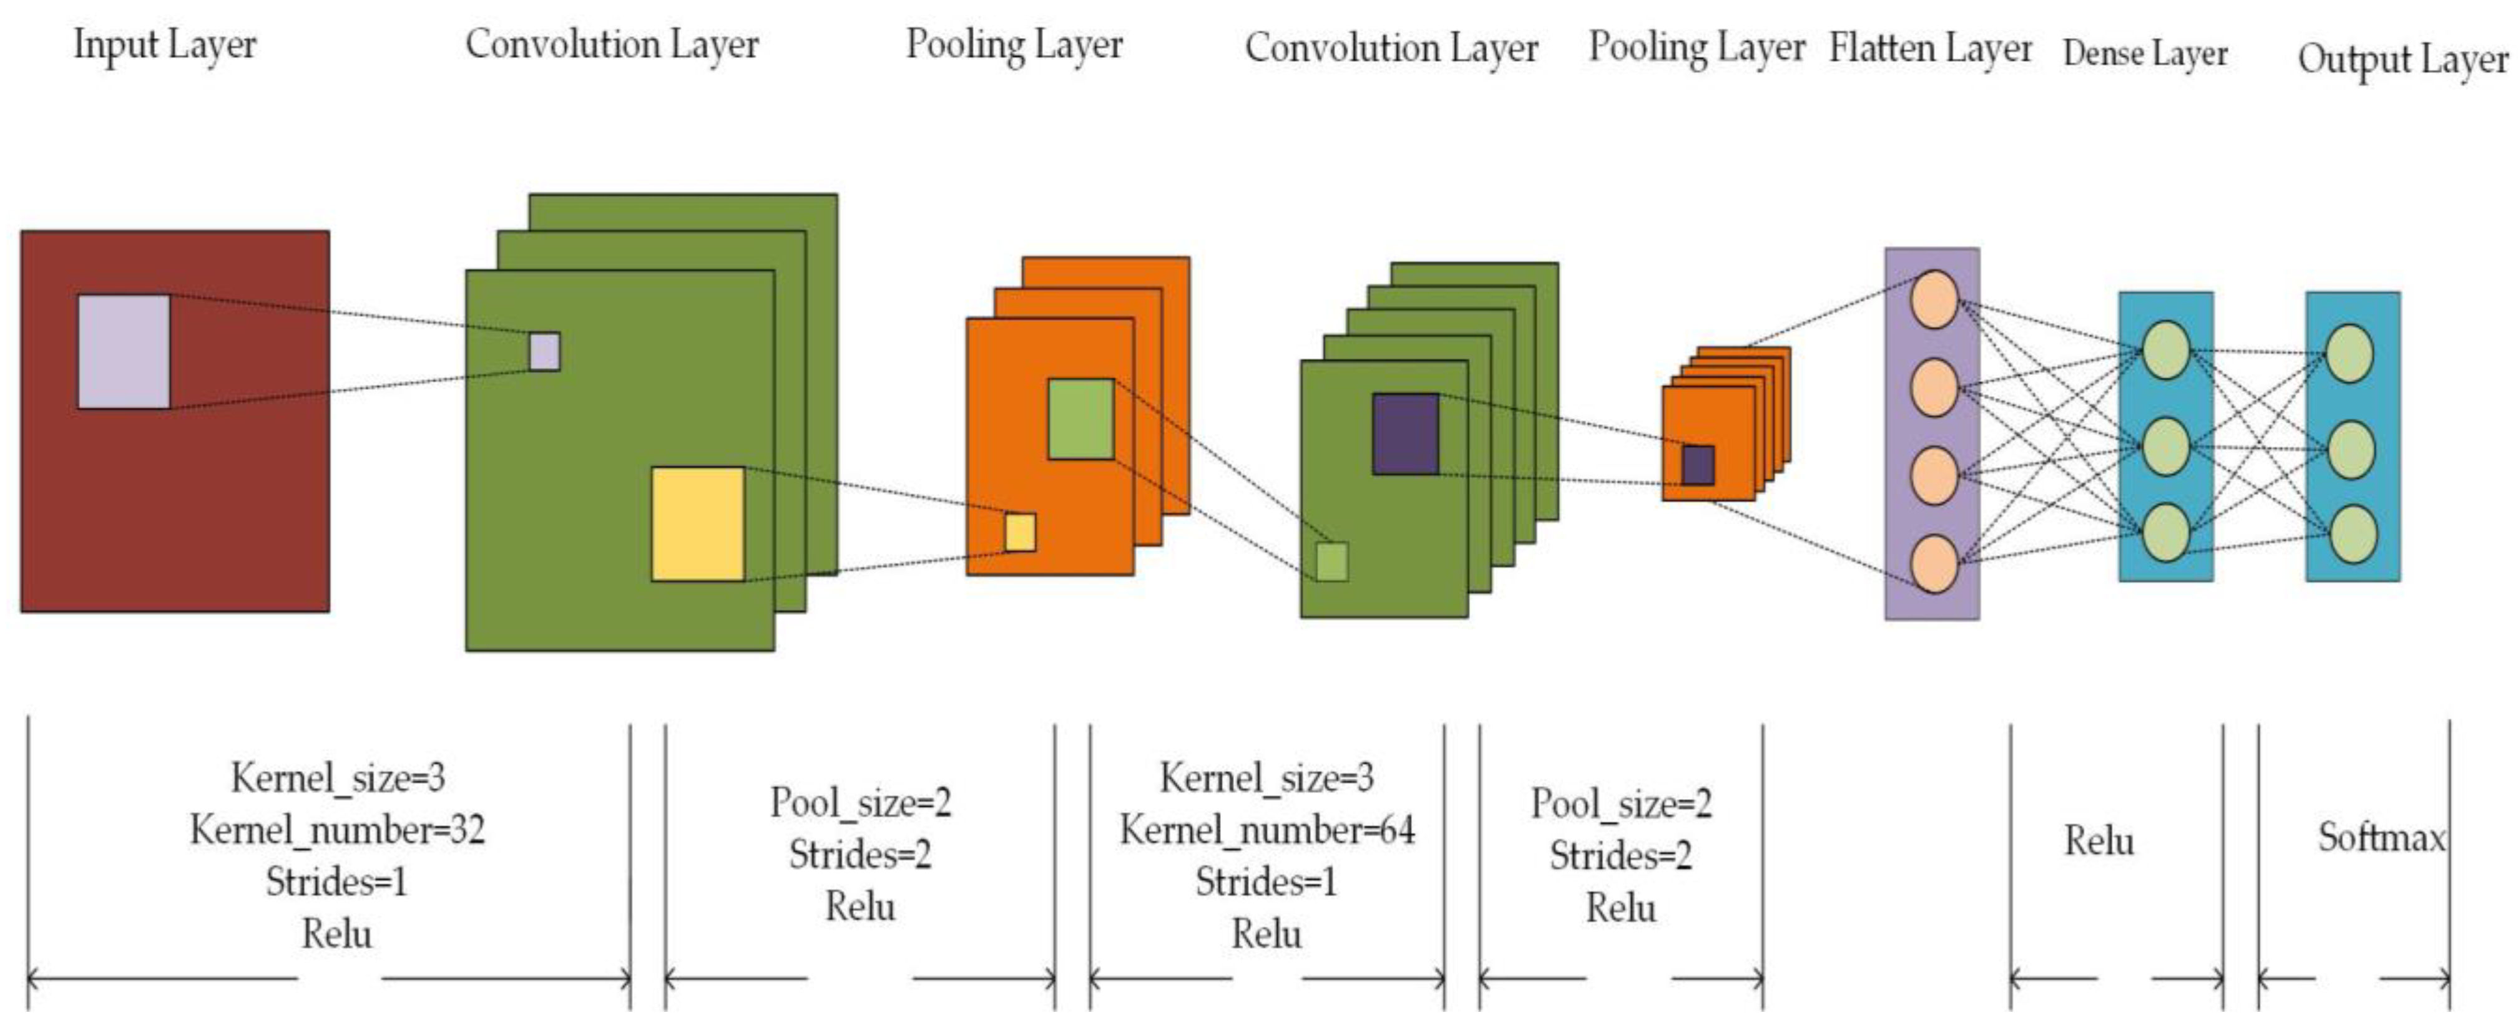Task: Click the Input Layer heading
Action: point(164,45)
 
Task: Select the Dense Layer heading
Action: point(2145,53)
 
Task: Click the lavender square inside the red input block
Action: point(124,352)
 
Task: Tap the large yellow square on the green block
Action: point(698,524)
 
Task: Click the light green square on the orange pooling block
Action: point(1081,419)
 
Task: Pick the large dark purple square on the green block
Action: point(1406,434)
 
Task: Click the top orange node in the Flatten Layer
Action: point(1934,299)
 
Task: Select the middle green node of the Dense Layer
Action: point(2165,447)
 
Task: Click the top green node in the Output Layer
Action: point(2350,354)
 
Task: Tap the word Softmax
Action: point(2381,838)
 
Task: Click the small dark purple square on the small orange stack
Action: point(1698,465)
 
